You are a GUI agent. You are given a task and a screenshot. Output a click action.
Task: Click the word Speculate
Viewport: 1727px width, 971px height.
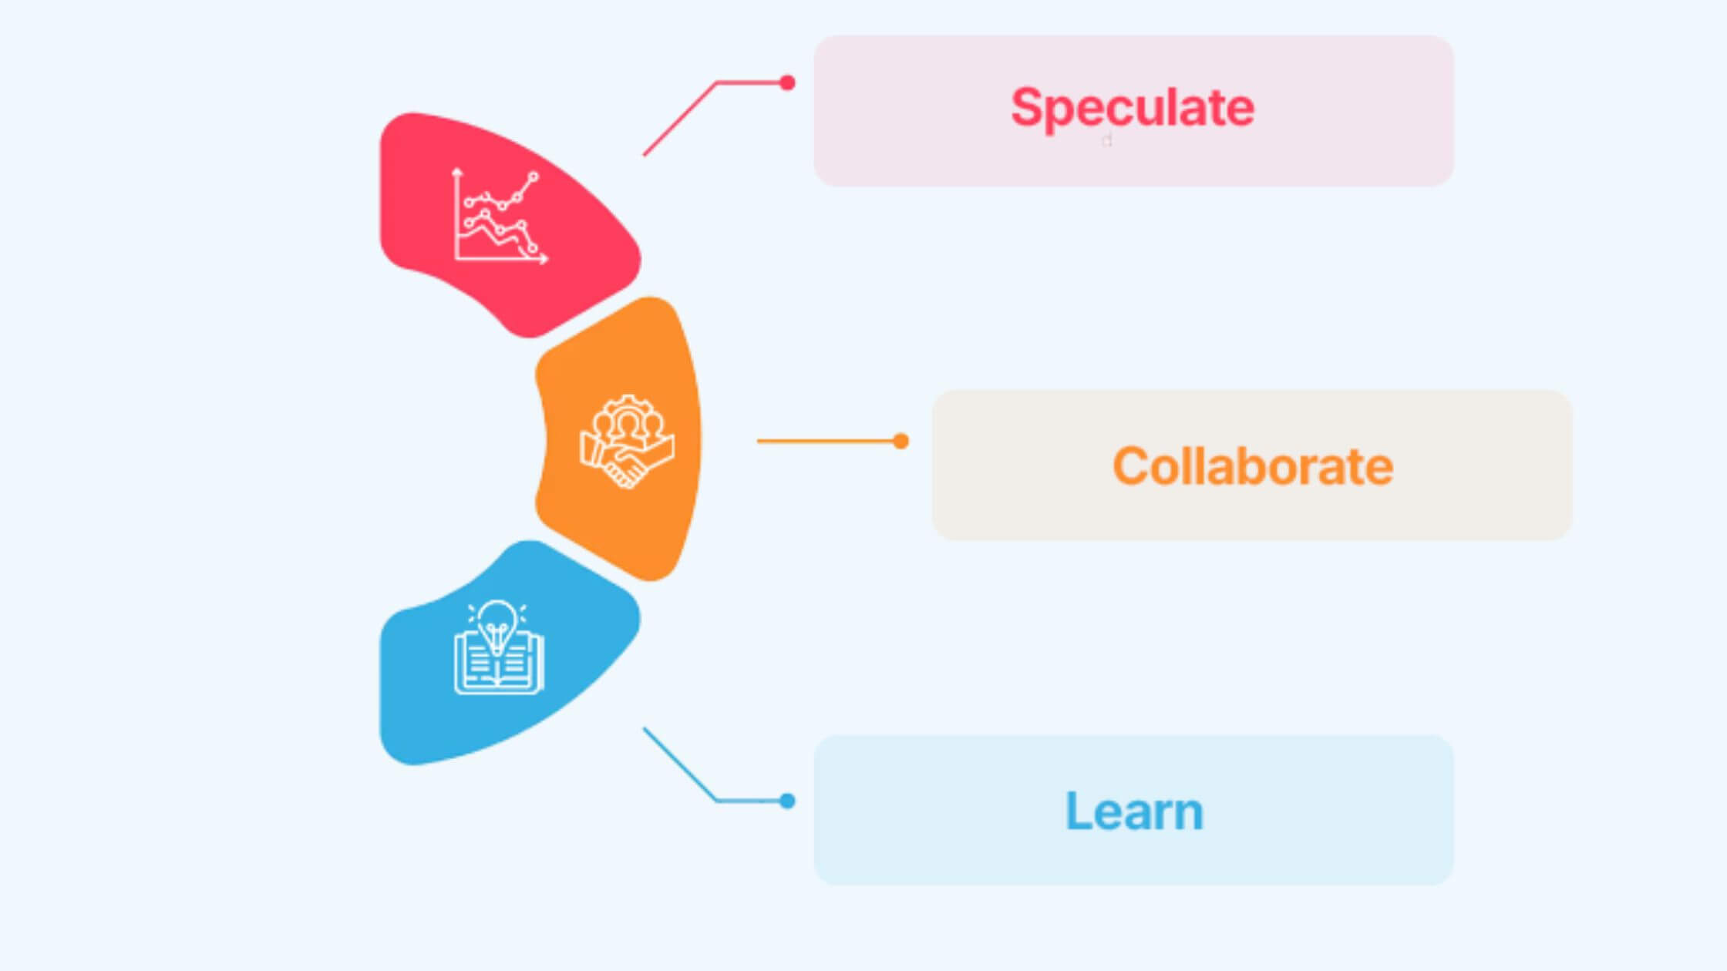point(1132,108)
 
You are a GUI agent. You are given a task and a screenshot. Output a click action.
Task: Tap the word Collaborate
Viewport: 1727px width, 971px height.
point(1252,466)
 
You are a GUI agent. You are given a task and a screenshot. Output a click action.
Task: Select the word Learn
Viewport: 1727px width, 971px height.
point(1133,811)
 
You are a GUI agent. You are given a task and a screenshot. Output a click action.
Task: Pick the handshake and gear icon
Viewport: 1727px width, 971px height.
point(627,442)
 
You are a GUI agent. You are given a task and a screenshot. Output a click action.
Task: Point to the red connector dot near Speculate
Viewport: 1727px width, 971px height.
point(787,82)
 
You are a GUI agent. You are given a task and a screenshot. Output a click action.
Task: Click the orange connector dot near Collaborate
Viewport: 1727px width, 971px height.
point(901,441)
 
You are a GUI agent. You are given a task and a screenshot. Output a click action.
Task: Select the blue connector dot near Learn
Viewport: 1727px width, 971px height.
point(787,801)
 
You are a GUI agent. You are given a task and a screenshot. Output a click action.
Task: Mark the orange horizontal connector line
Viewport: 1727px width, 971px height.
point(825,441)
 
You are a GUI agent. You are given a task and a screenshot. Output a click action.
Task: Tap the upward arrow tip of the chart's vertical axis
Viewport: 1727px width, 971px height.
point(457,170)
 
